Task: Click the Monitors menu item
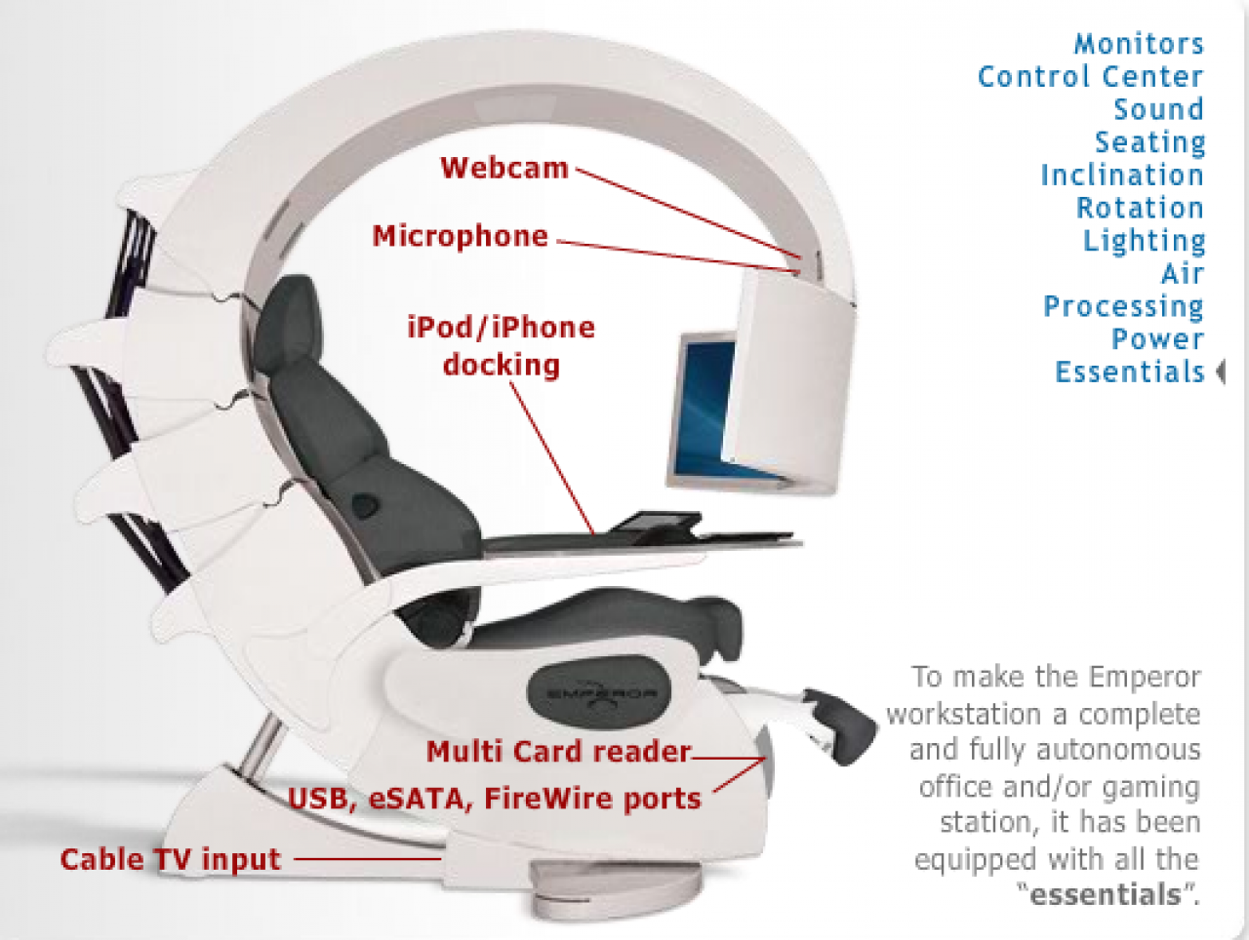coord(1139,44)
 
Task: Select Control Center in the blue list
coord(1090,76)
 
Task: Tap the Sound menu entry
coord(1158,109)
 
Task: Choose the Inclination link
coord(1122,175)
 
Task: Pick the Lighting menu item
coord(1144,241)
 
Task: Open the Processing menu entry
coord(1124,307)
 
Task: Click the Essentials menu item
coord(1130,372)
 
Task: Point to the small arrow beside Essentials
coord(1220,372)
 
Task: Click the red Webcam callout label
coord(504,168)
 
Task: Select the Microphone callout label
coord(461,235)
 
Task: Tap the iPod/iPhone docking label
coord(502,346)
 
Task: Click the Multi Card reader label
coord(559,751)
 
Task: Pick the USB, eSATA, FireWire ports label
coord(495,799)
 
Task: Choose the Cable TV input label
coord(171,859)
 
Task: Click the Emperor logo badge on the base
coord(599,692)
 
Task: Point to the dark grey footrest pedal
coord(840,725)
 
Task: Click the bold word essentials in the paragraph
coord(1106,893)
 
